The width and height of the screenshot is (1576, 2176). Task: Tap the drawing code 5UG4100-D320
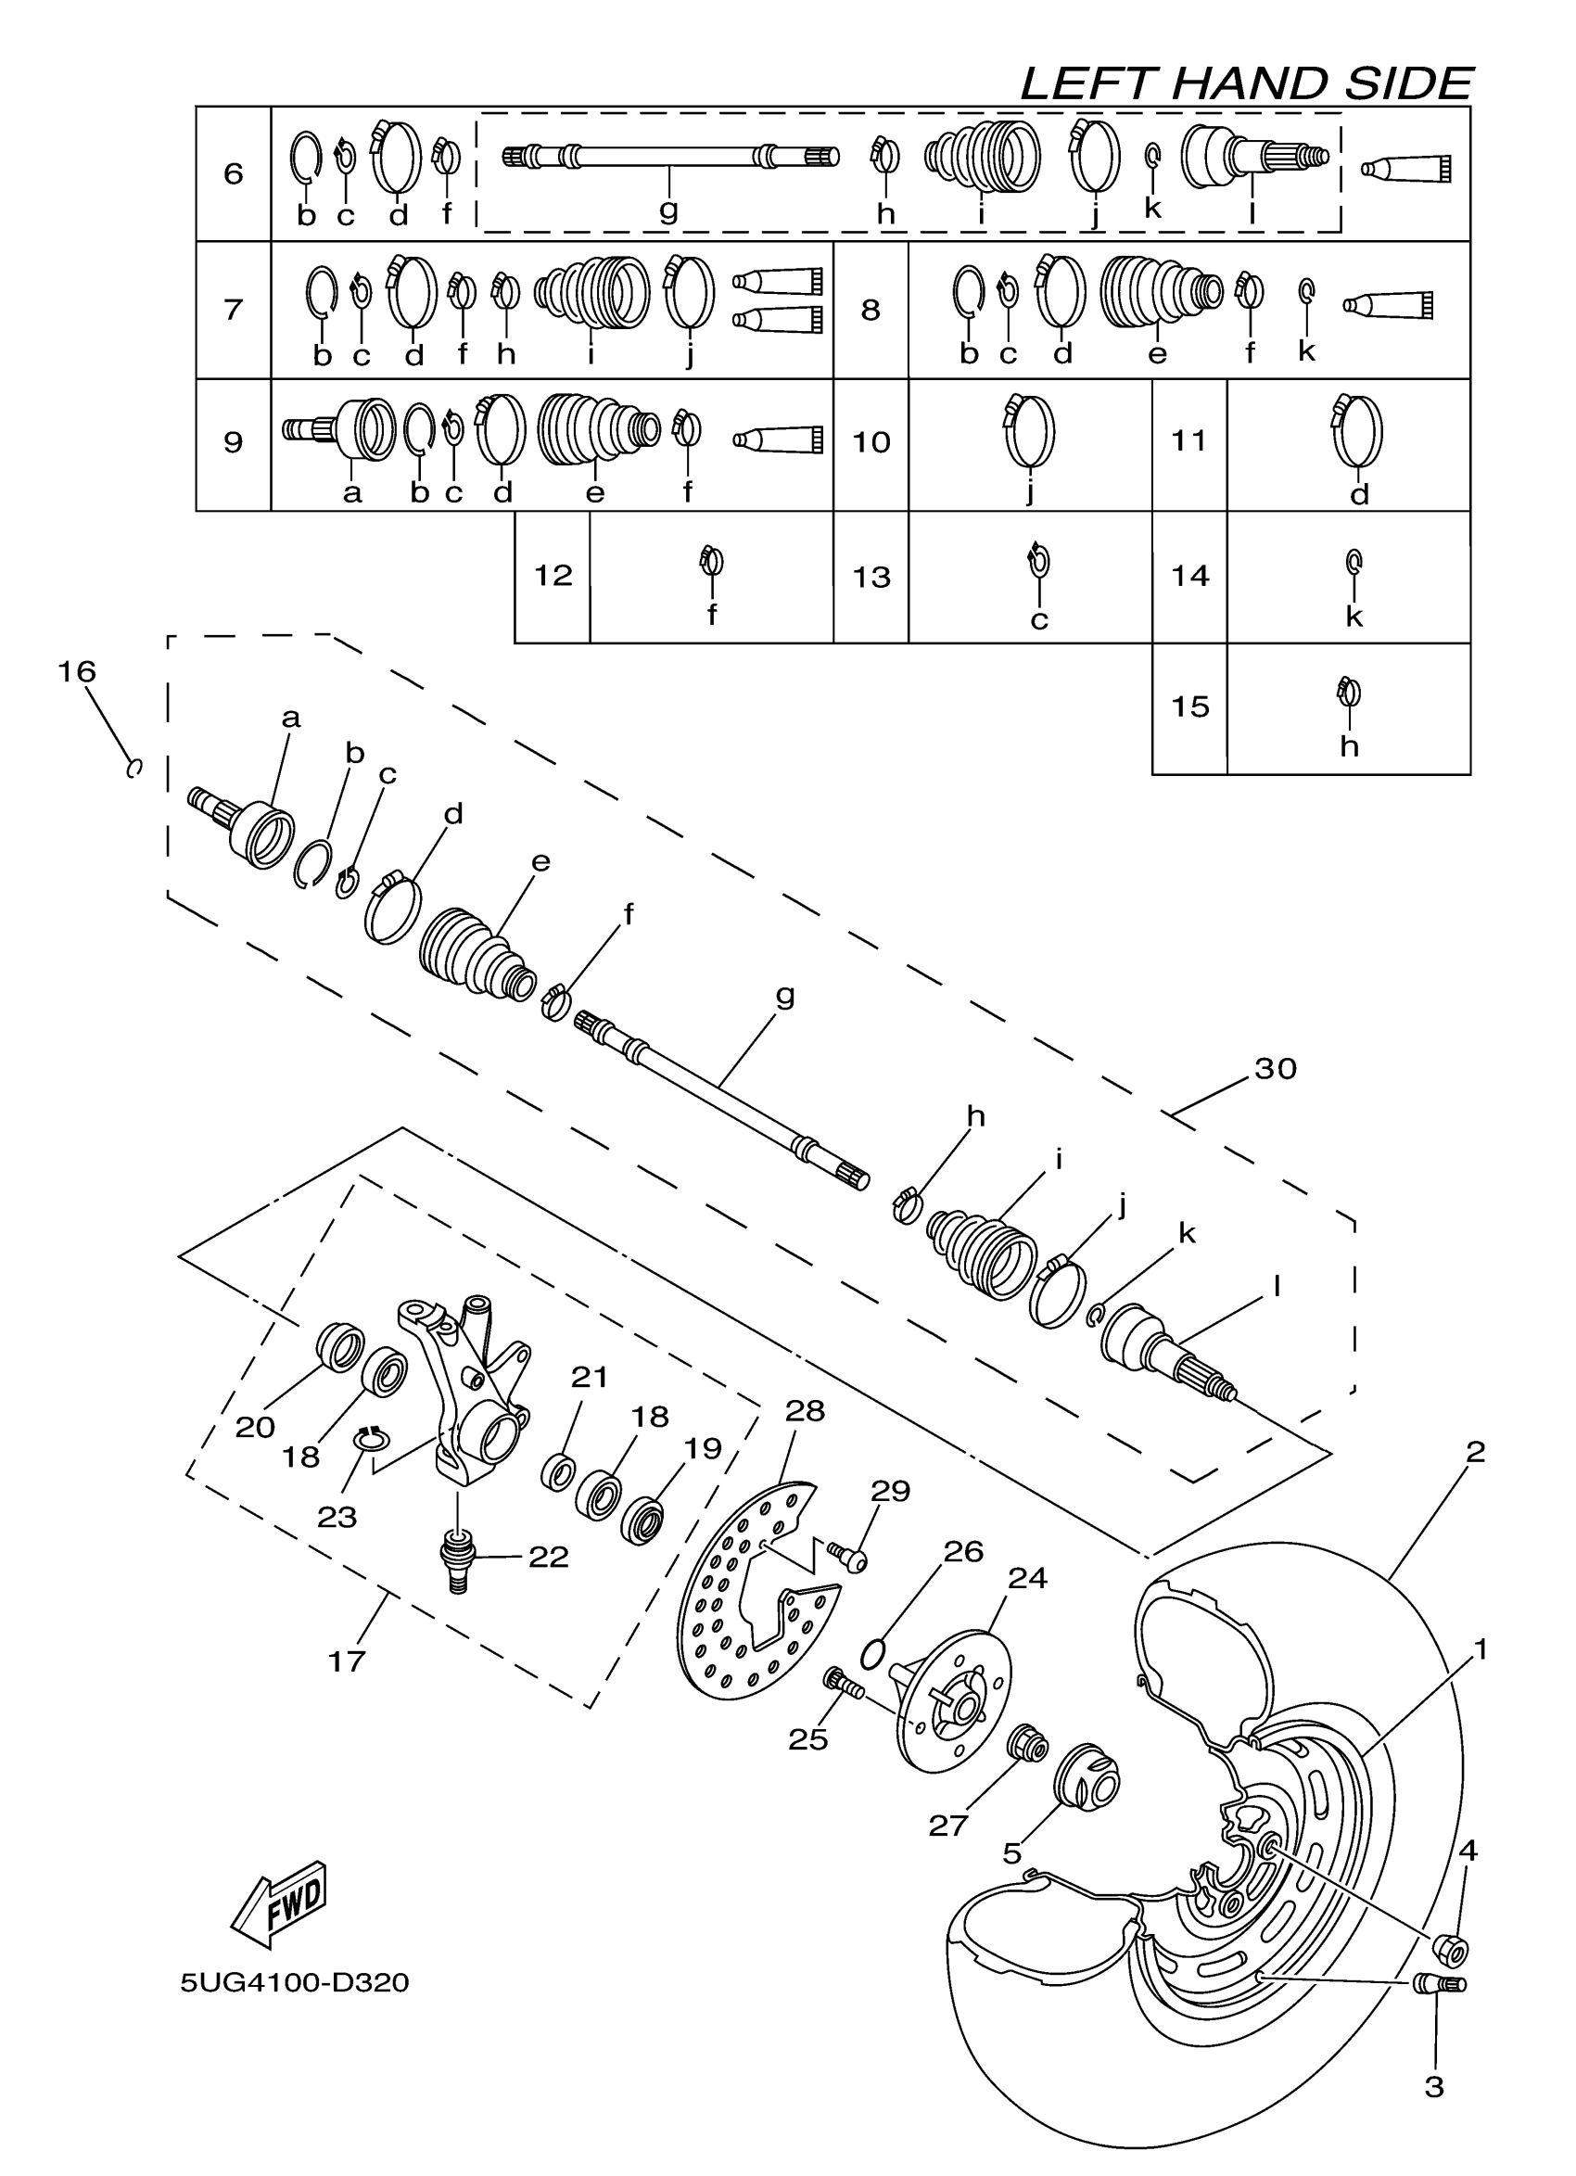click(x=295, y=1982)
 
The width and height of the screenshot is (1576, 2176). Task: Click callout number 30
click(x=1275, y=1069)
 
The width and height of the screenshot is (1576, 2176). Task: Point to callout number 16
click(x=77, y=671)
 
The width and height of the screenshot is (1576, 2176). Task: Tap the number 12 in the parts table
click(x=553, y=576)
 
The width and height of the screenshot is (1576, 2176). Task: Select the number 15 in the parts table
click(x=1189, y=707)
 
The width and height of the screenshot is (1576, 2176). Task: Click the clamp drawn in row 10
click(x=1029, y=431)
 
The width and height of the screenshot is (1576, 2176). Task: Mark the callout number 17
click(x=347, y=1661)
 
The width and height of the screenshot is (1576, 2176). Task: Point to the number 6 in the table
click(x=233, y=173)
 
